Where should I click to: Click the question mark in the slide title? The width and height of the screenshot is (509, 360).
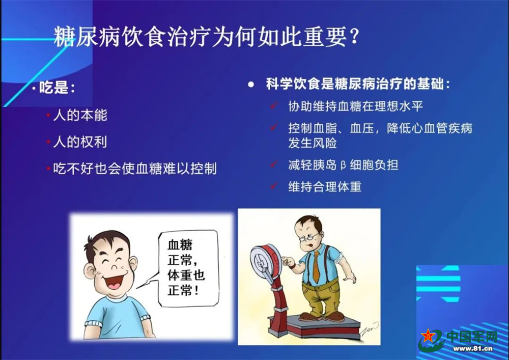pyautogui.click(x=354, y=37)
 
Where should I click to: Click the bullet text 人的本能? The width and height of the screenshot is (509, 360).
pyautogui.click(x=80, y=115)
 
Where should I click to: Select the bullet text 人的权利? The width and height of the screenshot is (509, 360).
pyautogui.click(x=80, y=142)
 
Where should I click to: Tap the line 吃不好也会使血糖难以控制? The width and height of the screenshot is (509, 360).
pyautogui.click(x=135, y=169)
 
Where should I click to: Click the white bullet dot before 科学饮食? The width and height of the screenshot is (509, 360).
pyautogui.click(x=250, y=85)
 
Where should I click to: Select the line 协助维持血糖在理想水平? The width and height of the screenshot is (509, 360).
pyautogui.click(x=355, y=106)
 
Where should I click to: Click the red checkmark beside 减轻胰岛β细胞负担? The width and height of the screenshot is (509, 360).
pyautogui.click(x=274, y=163)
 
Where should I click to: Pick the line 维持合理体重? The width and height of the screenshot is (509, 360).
pyautogui.click(x=325, y=187)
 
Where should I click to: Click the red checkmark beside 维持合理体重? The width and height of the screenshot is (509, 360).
pyautogui.click(x=274, y=185)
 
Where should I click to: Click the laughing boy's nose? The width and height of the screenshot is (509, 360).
pyautogui.click(x=114, y=267)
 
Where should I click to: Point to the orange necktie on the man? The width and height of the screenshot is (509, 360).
pyautogui.click(x=316, y=267)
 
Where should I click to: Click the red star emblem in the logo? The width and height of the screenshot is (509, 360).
pyautogui.click(x=428, y=336)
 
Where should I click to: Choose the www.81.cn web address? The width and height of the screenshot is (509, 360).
pyautogui.click(x=473, y=349)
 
